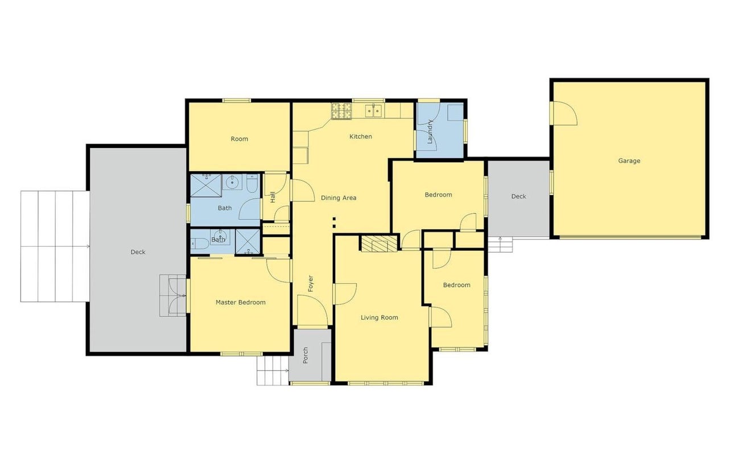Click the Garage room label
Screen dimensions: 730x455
tap(629, 160)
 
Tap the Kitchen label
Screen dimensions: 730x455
tap(360, 136)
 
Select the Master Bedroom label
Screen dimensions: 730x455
tap(241, 302)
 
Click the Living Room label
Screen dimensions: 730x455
tap(380, 317)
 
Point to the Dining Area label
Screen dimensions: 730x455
tap(339, 198)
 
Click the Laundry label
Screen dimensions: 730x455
tap(430, 131)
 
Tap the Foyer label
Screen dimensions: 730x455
tap(311, 283)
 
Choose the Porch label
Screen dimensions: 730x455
tap(306, 355)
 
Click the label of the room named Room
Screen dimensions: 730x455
tap(239, 139)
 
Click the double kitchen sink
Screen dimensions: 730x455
tap(373, 111)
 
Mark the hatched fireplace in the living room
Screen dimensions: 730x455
tap(379, 243)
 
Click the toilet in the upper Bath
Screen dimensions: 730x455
tap(252, 183)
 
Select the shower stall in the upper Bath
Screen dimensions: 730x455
tap(205, 185)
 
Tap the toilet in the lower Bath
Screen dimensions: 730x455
tap(200, 243)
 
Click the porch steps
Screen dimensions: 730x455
tap(273, 371)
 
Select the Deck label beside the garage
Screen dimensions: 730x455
tap(518, 196)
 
